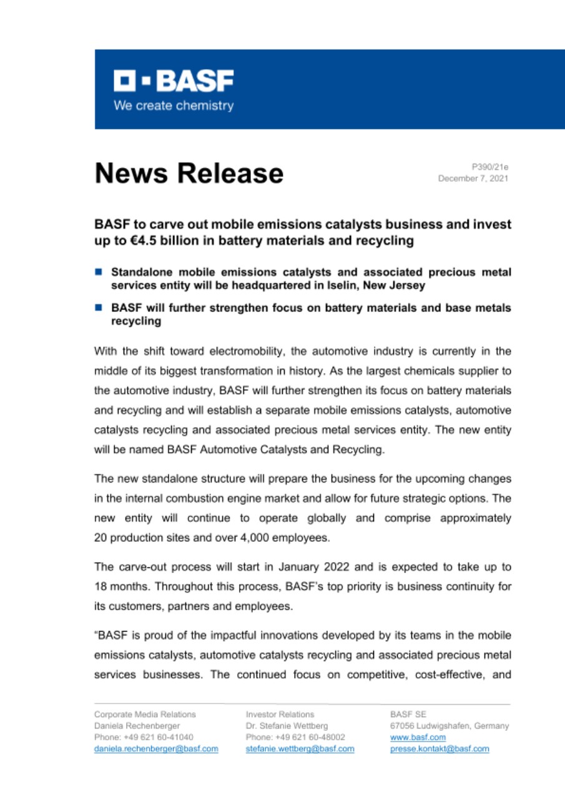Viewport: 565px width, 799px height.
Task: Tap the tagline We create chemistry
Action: point(173,105)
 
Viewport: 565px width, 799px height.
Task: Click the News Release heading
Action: point(189,173)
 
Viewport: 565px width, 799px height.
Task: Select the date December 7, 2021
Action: point(473,179)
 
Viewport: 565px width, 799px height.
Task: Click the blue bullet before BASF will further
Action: point(99,308)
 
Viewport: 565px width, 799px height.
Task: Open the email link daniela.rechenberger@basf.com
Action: point(156,748)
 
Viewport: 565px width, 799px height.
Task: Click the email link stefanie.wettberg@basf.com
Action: point(300,748)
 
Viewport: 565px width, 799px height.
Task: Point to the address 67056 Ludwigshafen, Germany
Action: point(449,726)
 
